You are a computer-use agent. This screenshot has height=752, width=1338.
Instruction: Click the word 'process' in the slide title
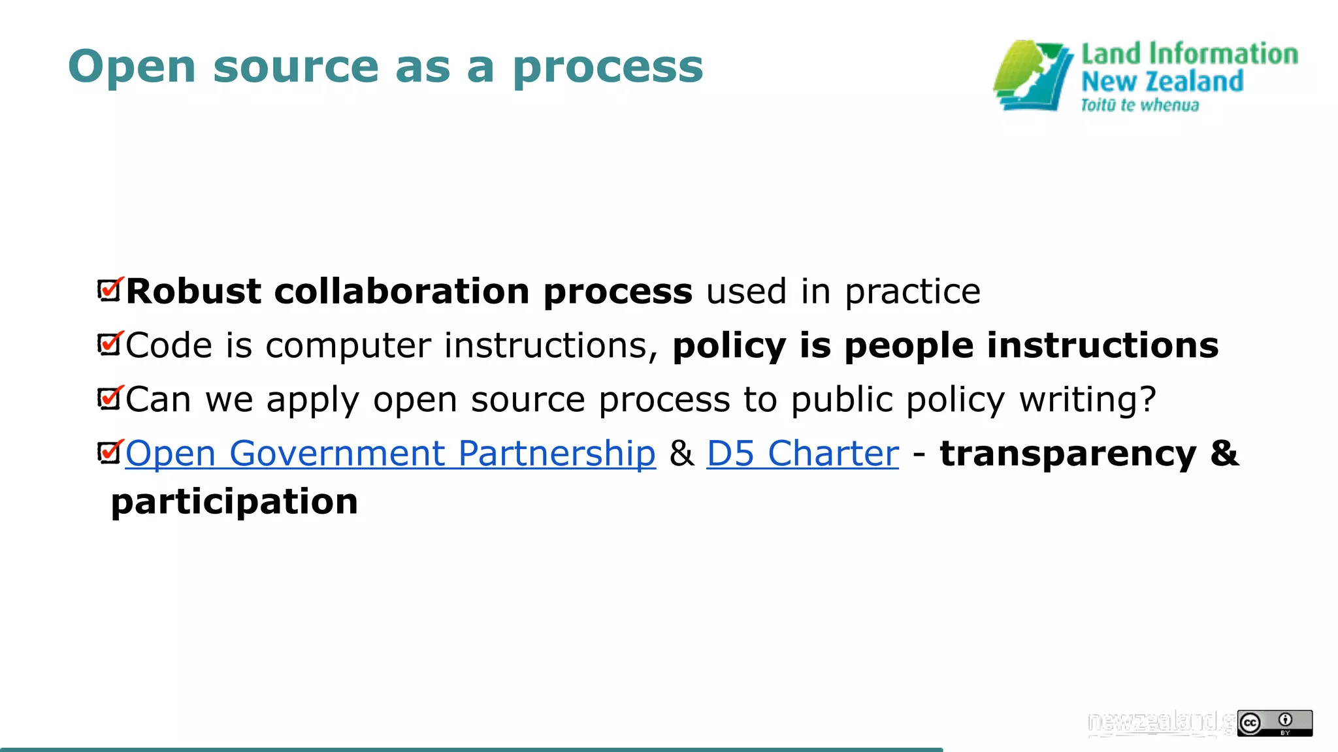[608, 68]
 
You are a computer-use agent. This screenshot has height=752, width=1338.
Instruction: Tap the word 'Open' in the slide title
[131, 68]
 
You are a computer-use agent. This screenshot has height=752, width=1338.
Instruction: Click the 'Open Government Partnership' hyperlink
[390, 453]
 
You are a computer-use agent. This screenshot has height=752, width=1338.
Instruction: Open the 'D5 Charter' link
[802, 453]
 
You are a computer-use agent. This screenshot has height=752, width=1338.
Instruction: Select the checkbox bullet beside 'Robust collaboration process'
[110, 289]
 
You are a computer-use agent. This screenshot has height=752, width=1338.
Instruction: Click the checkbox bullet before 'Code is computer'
[110, 343]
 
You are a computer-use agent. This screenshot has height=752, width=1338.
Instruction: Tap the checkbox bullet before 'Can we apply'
[110, 398]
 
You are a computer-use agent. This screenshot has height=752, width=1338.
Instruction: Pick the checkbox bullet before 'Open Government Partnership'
[110, 451]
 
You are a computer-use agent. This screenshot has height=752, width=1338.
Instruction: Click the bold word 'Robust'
[193, 291]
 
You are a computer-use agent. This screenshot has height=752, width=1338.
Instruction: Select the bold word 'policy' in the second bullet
[729, 346]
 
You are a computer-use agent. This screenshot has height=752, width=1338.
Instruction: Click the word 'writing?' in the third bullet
[1087, 399]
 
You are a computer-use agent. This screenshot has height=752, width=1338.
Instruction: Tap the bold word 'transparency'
[1068, 454]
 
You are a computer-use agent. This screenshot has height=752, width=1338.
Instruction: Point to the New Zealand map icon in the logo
[1032, 76]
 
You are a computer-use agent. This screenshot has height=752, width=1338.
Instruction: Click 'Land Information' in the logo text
[1189, 54]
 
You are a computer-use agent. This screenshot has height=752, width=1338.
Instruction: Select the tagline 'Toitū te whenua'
[1139, 105]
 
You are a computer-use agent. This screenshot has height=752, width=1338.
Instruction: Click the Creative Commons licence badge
[1274, 723]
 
